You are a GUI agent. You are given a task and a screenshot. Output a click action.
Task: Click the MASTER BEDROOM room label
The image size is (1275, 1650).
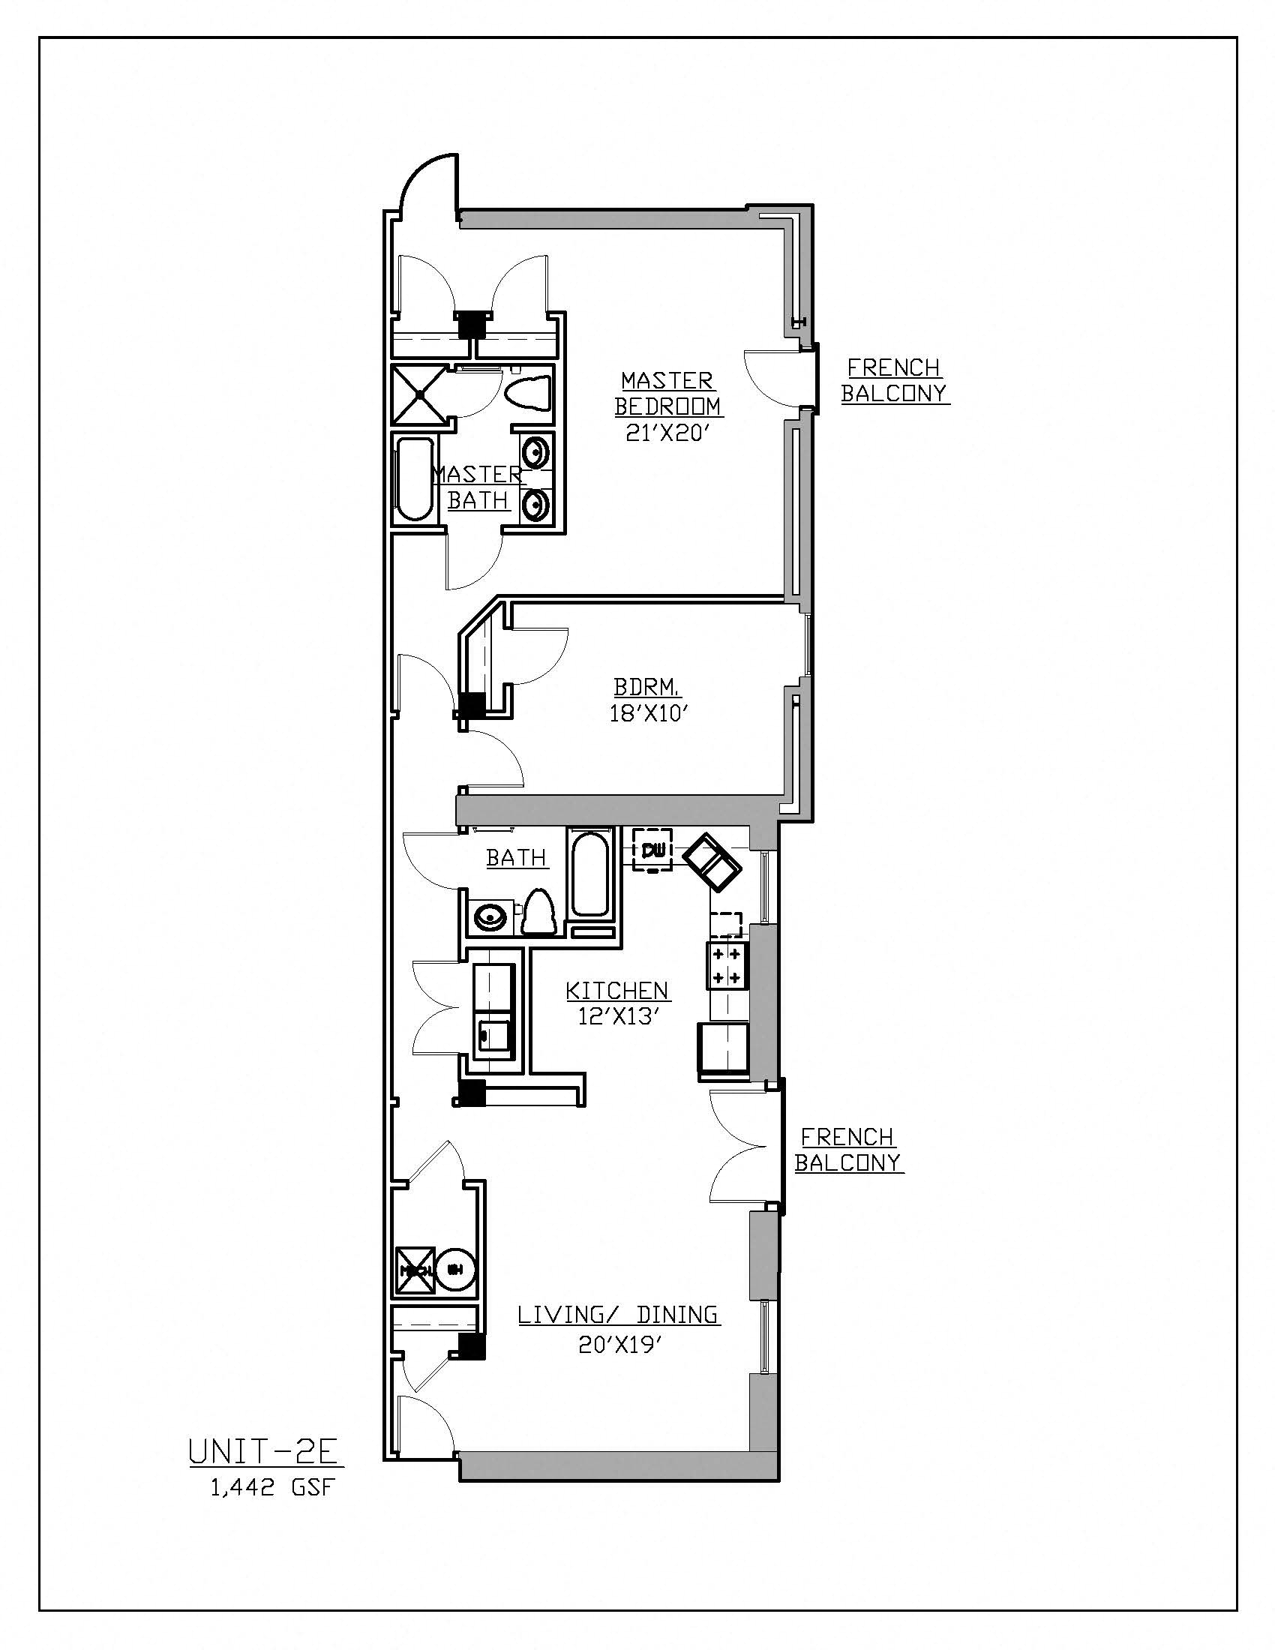click(x=667, y=393)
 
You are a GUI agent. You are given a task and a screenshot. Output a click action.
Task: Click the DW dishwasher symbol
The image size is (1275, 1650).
click(x=651, y=850)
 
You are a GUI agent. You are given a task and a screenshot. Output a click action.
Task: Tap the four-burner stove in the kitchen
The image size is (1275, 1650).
click(x=727, y=964)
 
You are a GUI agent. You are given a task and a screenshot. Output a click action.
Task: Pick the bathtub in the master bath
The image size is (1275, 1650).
click(x=413, y=481)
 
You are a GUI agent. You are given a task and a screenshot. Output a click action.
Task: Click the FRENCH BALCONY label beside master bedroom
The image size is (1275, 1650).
click(x=894, y=380)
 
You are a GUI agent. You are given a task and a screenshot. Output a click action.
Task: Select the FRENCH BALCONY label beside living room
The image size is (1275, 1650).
click(x=848, y=1149)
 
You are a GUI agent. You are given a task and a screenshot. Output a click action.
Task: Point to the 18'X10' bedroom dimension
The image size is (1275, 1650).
click(x=650, y=713)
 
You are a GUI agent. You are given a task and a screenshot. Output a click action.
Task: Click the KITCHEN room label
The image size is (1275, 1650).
click(x=617, y=990)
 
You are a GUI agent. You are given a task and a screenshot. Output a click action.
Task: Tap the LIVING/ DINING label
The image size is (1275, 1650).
click(x=618, y=1315)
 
